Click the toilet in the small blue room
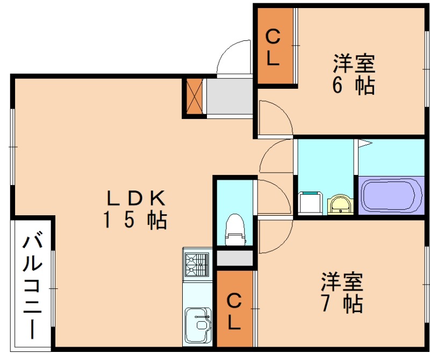234,229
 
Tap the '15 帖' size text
135,220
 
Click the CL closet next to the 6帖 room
274,47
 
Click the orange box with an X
193,97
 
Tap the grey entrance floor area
230,96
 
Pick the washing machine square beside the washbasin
310,202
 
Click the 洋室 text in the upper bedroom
353,64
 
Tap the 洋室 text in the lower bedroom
342,282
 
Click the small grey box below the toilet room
234,258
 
